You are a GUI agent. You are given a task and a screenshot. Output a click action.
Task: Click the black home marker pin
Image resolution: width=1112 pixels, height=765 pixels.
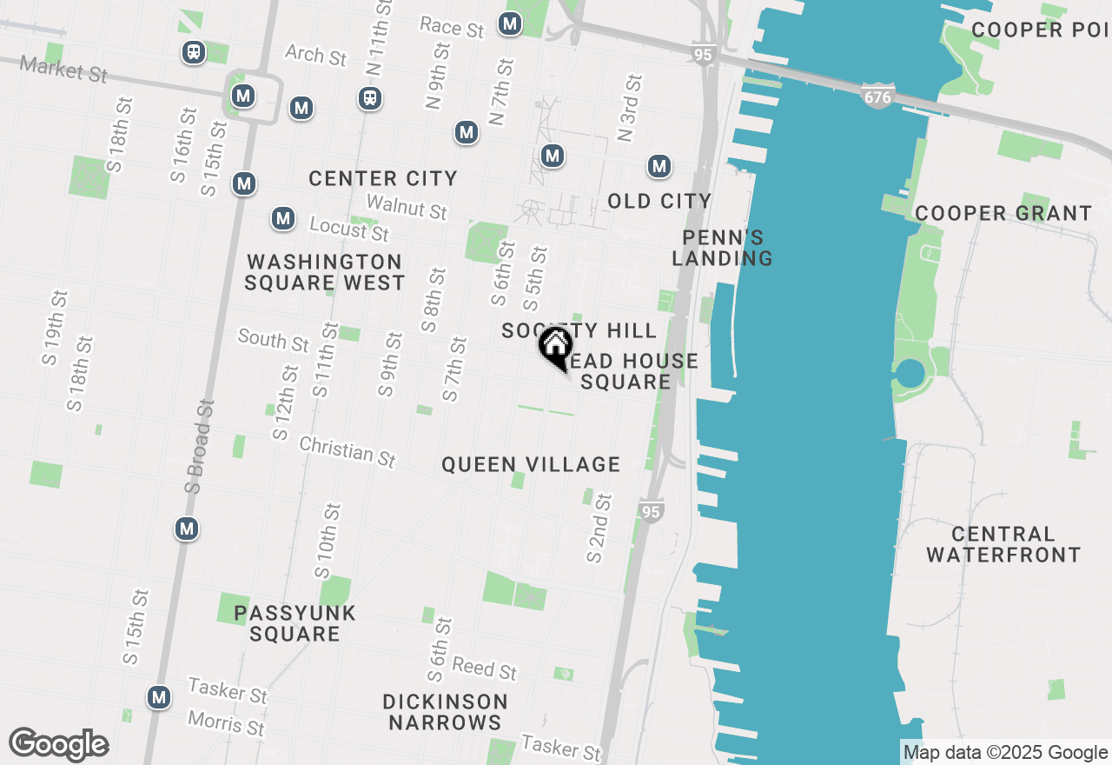tap(554, 348)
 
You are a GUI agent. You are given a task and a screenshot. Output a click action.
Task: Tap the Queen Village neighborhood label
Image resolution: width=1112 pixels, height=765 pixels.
tap(531, 465)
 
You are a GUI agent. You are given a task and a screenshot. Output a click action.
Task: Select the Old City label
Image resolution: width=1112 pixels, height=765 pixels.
tap(659, 202)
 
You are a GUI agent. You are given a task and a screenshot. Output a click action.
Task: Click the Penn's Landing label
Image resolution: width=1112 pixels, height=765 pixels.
tap(722, 248)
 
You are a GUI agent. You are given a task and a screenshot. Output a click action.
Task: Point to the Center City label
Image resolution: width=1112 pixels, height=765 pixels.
tap(383, 179)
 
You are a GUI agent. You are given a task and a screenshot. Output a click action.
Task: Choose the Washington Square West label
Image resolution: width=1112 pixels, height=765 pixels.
tap(325, 272)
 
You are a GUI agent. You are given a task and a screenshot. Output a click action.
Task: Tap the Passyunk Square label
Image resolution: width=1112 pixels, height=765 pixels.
tap(295, 623)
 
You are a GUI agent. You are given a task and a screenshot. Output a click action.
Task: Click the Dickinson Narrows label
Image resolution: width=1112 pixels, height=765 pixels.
tap(446, 711)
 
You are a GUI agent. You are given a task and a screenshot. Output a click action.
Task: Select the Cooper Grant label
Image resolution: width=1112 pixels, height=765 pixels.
tap(1003, 214)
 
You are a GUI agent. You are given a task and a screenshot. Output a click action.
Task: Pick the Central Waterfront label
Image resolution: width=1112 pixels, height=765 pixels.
tap(1003, 544)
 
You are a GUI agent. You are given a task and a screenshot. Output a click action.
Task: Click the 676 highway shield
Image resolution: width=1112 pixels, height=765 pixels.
tap(877, 97)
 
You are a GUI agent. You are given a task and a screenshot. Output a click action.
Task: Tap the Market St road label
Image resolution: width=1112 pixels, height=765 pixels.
tap(63, 70)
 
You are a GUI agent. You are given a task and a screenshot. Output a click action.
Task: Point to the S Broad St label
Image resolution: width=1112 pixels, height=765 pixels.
tap(199, 447)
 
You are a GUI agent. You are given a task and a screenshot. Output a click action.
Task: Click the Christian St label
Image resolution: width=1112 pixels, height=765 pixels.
tap(347, 450)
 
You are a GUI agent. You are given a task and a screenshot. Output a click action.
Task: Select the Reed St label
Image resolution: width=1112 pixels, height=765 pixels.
tap(485, 669)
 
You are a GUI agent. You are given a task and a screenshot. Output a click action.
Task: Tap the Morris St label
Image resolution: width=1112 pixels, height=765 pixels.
tap(226, 722)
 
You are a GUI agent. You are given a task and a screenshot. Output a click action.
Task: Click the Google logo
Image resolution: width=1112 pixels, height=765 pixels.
tap(59, 745)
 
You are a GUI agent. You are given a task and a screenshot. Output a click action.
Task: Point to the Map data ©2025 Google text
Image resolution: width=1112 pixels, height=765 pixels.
tap(1005, 753)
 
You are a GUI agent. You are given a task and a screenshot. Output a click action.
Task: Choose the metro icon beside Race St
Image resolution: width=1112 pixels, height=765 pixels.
tap(511, 24)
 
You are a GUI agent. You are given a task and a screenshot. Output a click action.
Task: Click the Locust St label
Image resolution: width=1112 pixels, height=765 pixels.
tap(349, 229)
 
